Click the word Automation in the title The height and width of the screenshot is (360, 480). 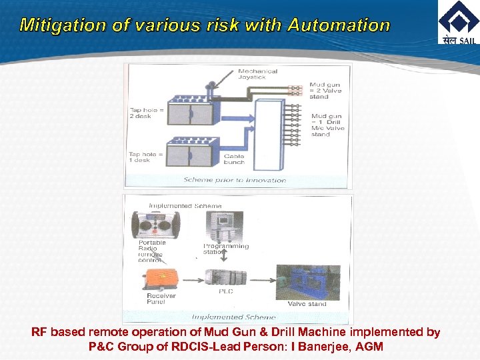[339, 26]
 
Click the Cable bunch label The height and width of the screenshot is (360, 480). [234, 159]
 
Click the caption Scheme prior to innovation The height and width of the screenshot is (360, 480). [235, 180]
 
